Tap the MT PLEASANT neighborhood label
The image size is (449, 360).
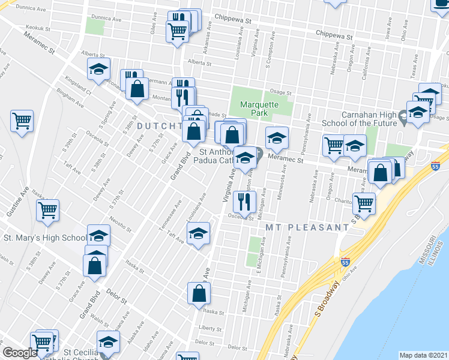tap(307, 228)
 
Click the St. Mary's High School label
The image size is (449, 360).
tap(45, 238)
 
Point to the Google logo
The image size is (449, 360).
tap(20, 353)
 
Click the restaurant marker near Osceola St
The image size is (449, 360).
tap(245, 199)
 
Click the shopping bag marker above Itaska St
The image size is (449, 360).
tap(199, 293)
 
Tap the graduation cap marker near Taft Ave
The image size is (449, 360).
tap(199, 233)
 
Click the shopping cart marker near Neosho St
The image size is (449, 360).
tap(47, 210)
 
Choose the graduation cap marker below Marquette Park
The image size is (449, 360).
tap(277, 138)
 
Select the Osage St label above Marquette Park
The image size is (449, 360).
tap(280, 93)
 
